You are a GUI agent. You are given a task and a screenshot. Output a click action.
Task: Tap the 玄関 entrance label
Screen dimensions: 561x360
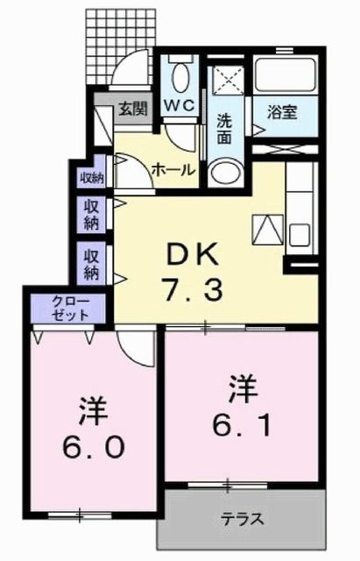tap(133, 110)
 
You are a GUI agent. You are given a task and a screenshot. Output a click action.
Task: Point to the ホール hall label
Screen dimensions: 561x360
tap(172, 168)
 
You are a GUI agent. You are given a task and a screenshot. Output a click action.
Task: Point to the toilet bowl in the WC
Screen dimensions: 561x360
tap(182, 75)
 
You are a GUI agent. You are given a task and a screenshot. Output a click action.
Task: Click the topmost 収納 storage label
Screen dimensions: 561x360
tap(92, 177)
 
